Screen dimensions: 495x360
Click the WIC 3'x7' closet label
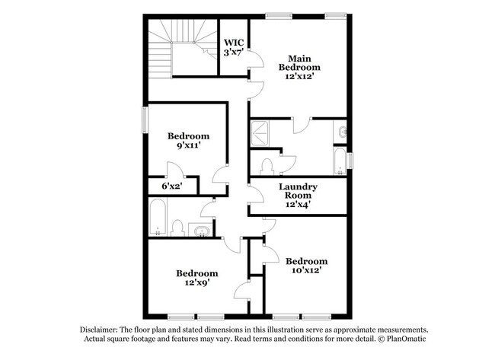[x=234, y=47]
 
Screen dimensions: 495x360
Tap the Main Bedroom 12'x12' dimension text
[x=299, y=76]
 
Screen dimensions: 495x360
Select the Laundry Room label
[x=298, y=191]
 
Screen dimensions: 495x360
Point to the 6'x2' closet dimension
[x=172, y=186]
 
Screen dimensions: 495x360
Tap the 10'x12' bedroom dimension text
[x=307, y=270]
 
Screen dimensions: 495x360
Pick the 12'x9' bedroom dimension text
[x=197, y=282]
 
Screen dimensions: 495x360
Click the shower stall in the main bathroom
[x=260, y=133]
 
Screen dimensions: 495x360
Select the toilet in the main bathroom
[x=267, y=167]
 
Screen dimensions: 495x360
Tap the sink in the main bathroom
[x=341, y=131]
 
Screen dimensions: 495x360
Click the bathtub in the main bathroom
[x=340, y=161]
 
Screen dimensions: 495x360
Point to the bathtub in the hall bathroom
[x=158, y=217]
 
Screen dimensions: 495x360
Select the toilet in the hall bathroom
[x=177, y=228]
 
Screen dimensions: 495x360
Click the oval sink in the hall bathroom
[x=201, y=231]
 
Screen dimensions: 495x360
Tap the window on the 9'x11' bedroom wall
[x=145, y=120]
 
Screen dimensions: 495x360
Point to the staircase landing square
[x=183, y=59]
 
